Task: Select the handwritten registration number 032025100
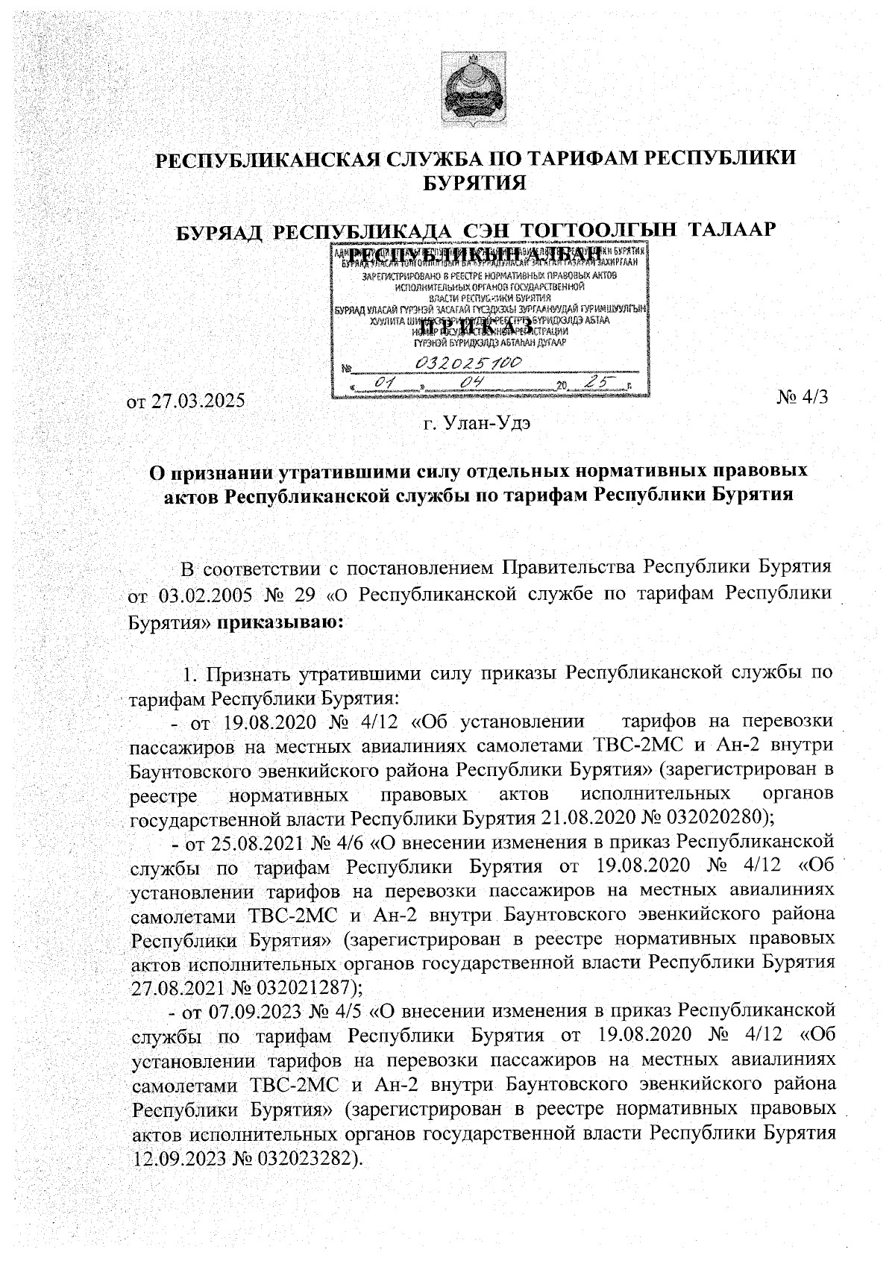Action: tap(471, 363)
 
